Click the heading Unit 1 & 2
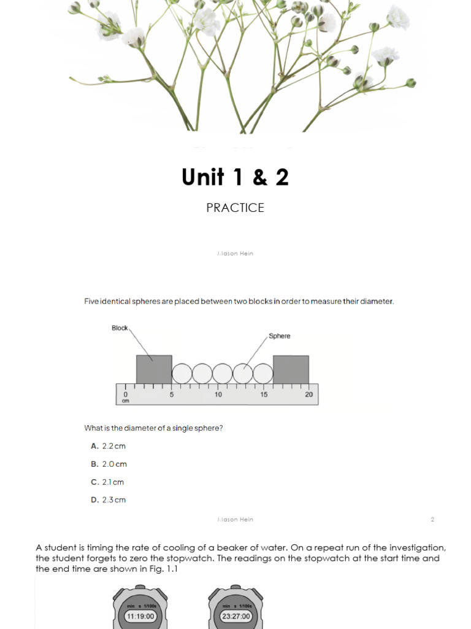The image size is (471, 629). pos(235,178)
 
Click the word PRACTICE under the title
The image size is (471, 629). pos(235,208)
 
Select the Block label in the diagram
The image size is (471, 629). pos(120,328)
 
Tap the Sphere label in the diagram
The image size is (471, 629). pos(280,336)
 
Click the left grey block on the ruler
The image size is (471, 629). pos(154,369)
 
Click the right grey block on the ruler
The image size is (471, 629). pos(291,369)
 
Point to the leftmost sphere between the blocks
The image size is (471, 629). pos(182,373)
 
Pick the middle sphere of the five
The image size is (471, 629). pos(223,373)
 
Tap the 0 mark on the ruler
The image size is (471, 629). pos(125,394)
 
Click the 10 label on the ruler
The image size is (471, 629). pos(218,394)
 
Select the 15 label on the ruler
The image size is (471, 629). pos(264,394)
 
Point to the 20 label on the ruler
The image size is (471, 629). pos(308,394)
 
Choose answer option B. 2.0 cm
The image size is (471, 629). pos(109,464)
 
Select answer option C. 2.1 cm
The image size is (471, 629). pos(107,482)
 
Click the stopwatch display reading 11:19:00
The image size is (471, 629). pos(140,616)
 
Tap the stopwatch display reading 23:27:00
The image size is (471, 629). pos(236,616)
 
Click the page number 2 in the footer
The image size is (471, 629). pos(432,520)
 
